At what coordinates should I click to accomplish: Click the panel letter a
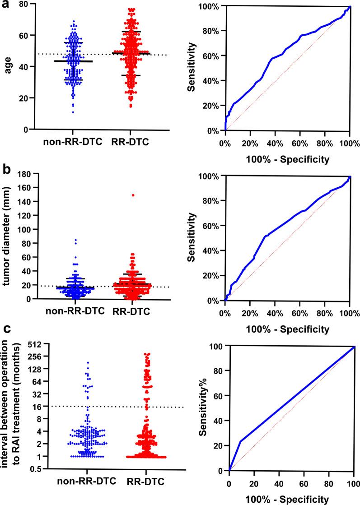point(6,7)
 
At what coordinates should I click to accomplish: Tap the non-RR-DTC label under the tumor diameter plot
point(75,310)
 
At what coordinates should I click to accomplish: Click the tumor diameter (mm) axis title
point(7,236)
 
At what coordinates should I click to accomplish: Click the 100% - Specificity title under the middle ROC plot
point(287,329)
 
